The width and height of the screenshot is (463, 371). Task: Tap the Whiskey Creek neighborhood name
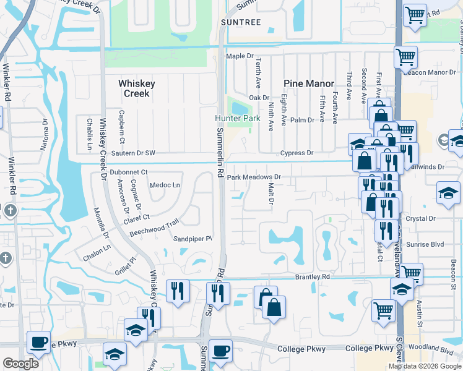[x=137, y=88]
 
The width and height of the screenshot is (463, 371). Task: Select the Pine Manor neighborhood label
[x=309, y=83]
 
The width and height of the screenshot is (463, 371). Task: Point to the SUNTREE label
[x=241, y=22]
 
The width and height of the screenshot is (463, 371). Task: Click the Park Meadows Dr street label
[x=254, y=177]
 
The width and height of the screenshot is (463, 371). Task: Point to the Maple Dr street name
[x=240, y=56]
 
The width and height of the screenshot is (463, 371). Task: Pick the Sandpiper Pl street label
[x=193, y=238]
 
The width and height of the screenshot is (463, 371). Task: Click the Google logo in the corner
[x=20, y=364]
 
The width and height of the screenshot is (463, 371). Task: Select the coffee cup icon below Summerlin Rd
[x=220, y=351]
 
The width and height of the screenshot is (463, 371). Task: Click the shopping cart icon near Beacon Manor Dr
[x=406, y=58]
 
